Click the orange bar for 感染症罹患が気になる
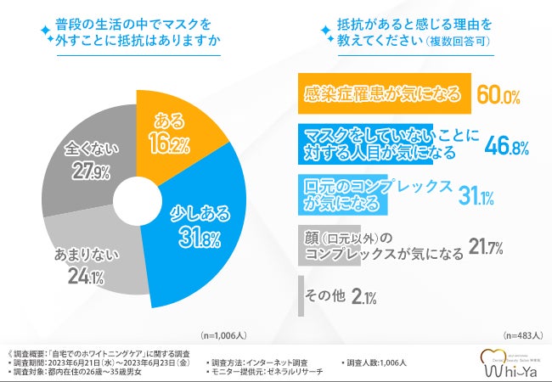(382, 95)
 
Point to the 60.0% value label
(497, 95)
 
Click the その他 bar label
(324, 296)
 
